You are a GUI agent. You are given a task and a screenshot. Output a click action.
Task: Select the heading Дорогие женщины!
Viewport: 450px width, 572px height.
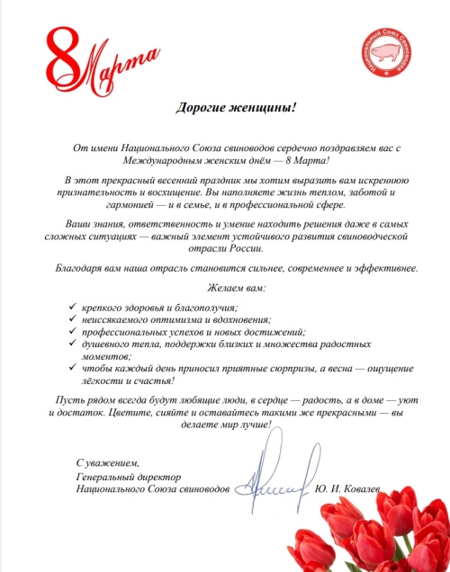click(x=221, y=106)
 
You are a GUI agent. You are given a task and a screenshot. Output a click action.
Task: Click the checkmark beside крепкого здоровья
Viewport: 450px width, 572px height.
click(x=72, y=307)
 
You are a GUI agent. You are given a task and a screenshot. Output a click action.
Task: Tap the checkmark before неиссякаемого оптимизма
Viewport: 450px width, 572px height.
click(x=72, y=319)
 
